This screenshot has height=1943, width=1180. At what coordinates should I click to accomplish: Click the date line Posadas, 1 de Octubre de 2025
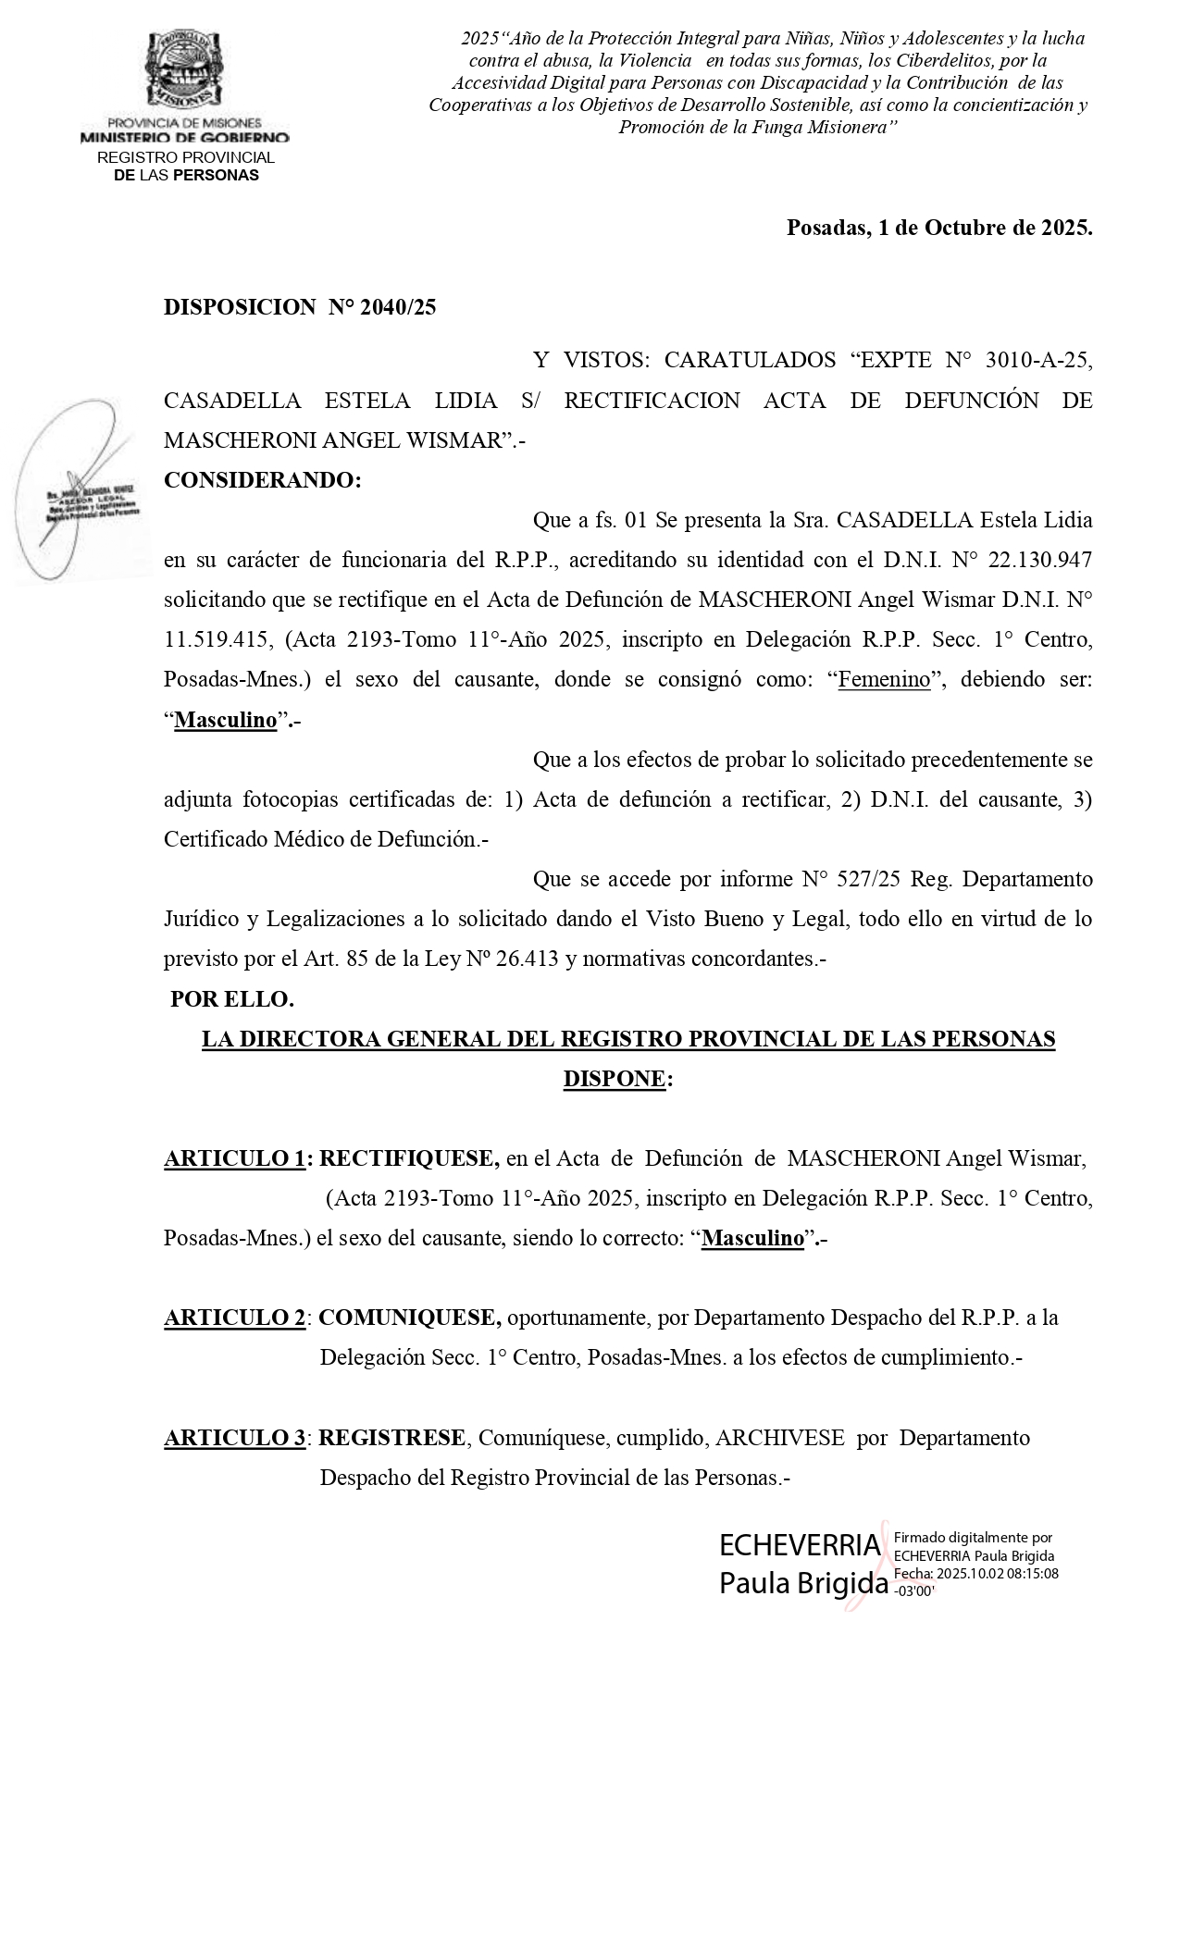point(938,228)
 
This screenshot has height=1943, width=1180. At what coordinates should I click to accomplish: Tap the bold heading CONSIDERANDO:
point(263,480)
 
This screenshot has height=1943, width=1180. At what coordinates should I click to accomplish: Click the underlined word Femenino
point(884,679)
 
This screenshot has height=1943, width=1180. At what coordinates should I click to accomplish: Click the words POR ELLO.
point(232,999)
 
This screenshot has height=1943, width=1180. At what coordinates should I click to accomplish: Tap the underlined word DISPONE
point(614,1079)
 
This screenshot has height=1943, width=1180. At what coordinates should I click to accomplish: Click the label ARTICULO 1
point(234,1158)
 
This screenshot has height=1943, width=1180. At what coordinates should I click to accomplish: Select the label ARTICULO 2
point(234,1318)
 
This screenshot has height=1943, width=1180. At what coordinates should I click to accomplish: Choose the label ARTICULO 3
point(234,1438)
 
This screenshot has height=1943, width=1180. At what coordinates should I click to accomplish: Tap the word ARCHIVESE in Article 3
point(779,1438)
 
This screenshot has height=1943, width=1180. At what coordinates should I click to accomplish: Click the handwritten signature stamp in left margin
point(83,490)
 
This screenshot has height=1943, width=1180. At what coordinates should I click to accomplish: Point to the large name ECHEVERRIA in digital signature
point(800,1544)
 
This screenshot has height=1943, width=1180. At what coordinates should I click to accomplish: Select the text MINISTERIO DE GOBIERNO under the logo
point(184,138)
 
